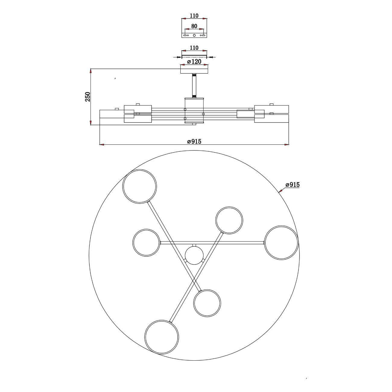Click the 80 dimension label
pos(194,26)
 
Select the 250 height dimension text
pos(88,97)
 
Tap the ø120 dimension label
pos(194,62)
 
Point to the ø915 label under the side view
pos(194,141)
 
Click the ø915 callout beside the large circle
pos(292,185)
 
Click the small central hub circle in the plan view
pos(194,255)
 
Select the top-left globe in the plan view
pos(140,186)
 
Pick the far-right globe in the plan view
pos(281,243)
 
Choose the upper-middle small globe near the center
pos(229,220)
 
